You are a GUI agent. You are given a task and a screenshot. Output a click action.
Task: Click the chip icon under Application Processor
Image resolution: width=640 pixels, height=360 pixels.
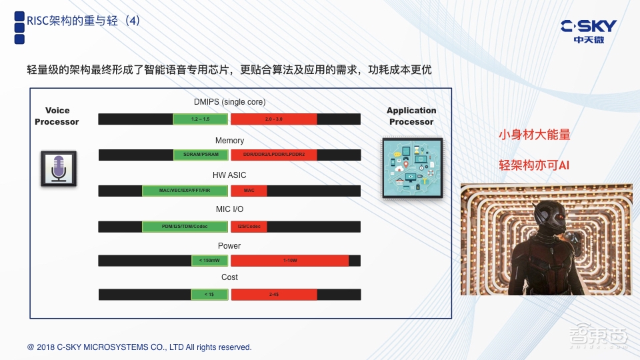tap(411, 168)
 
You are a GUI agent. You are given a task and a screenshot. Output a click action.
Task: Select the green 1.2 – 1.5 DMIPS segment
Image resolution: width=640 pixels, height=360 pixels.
tap(201, 119)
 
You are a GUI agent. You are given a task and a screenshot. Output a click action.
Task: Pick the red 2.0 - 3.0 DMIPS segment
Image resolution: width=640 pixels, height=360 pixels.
tap(273, 119)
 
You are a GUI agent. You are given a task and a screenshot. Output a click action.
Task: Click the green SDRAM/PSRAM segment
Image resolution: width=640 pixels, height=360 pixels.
tap(201, 155)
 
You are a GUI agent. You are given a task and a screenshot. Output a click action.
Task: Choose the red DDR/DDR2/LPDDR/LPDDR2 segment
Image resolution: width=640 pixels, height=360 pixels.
tap(273, 155)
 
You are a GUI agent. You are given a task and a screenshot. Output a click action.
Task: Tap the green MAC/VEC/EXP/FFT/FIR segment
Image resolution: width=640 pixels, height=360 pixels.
tap(185, 191)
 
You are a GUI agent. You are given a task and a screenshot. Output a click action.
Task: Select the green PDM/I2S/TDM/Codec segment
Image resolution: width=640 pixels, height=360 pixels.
tap(185, 227)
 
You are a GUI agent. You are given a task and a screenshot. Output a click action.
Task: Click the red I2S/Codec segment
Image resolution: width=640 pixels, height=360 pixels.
tap(249, 227)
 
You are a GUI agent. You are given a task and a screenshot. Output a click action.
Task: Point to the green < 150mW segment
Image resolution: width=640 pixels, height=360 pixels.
tap(210, 260)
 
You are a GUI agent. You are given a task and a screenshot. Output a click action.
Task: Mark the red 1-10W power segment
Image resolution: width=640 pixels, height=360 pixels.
tap(289, 260)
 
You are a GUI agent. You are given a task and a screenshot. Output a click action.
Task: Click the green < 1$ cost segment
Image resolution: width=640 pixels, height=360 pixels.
tap(210, 294)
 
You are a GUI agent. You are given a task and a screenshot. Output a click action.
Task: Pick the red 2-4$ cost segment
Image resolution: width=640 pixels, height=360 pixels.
tap(273, 294)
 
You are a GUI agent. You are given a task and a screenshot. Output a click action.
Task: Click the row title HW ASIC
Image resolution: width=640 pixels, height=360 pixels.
tap(229, 175)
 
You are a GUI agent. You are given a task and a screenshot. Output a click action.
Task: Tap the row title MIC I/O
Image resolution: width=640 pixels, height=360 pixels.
tap(229, 210)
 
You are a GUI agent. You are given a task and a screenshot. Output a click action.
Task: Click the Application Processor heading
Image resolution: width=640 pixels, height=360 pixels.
tap(411, 116)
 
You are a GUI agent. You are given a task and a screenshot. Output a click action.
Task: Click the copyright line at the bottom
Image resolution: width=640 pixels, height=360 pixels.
tap(139, 347)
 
